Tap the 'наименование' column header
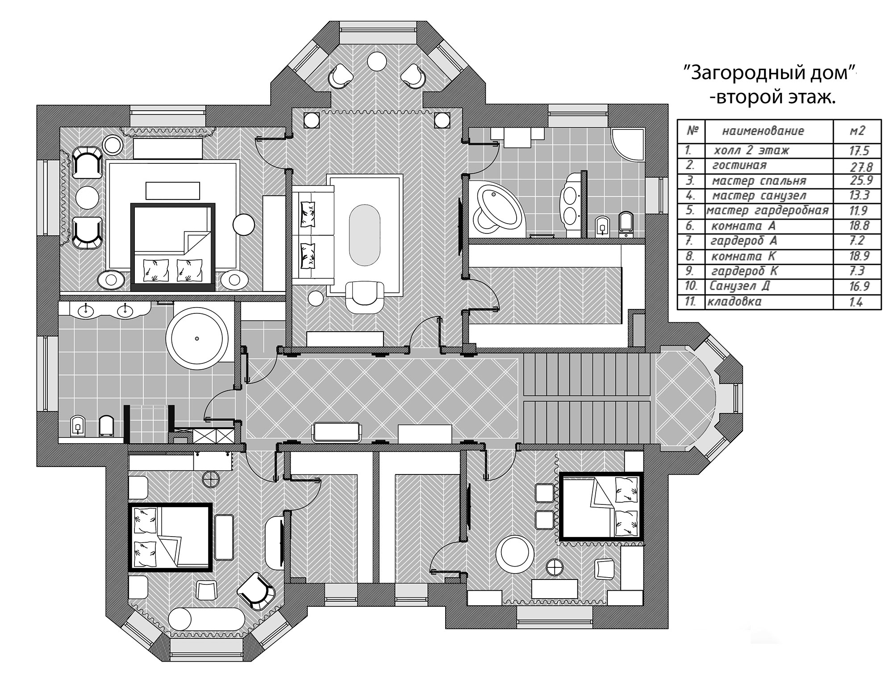(x=763, y=131)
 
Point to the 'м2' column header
(x=857, y=130)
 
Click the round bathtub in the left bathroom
(x=197, y=338)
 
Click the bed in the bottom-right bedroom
(x=601, y=507)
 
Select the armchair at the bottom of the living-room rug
(x=365, y=296)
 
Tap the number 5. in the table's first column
(x=690, y=210)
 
